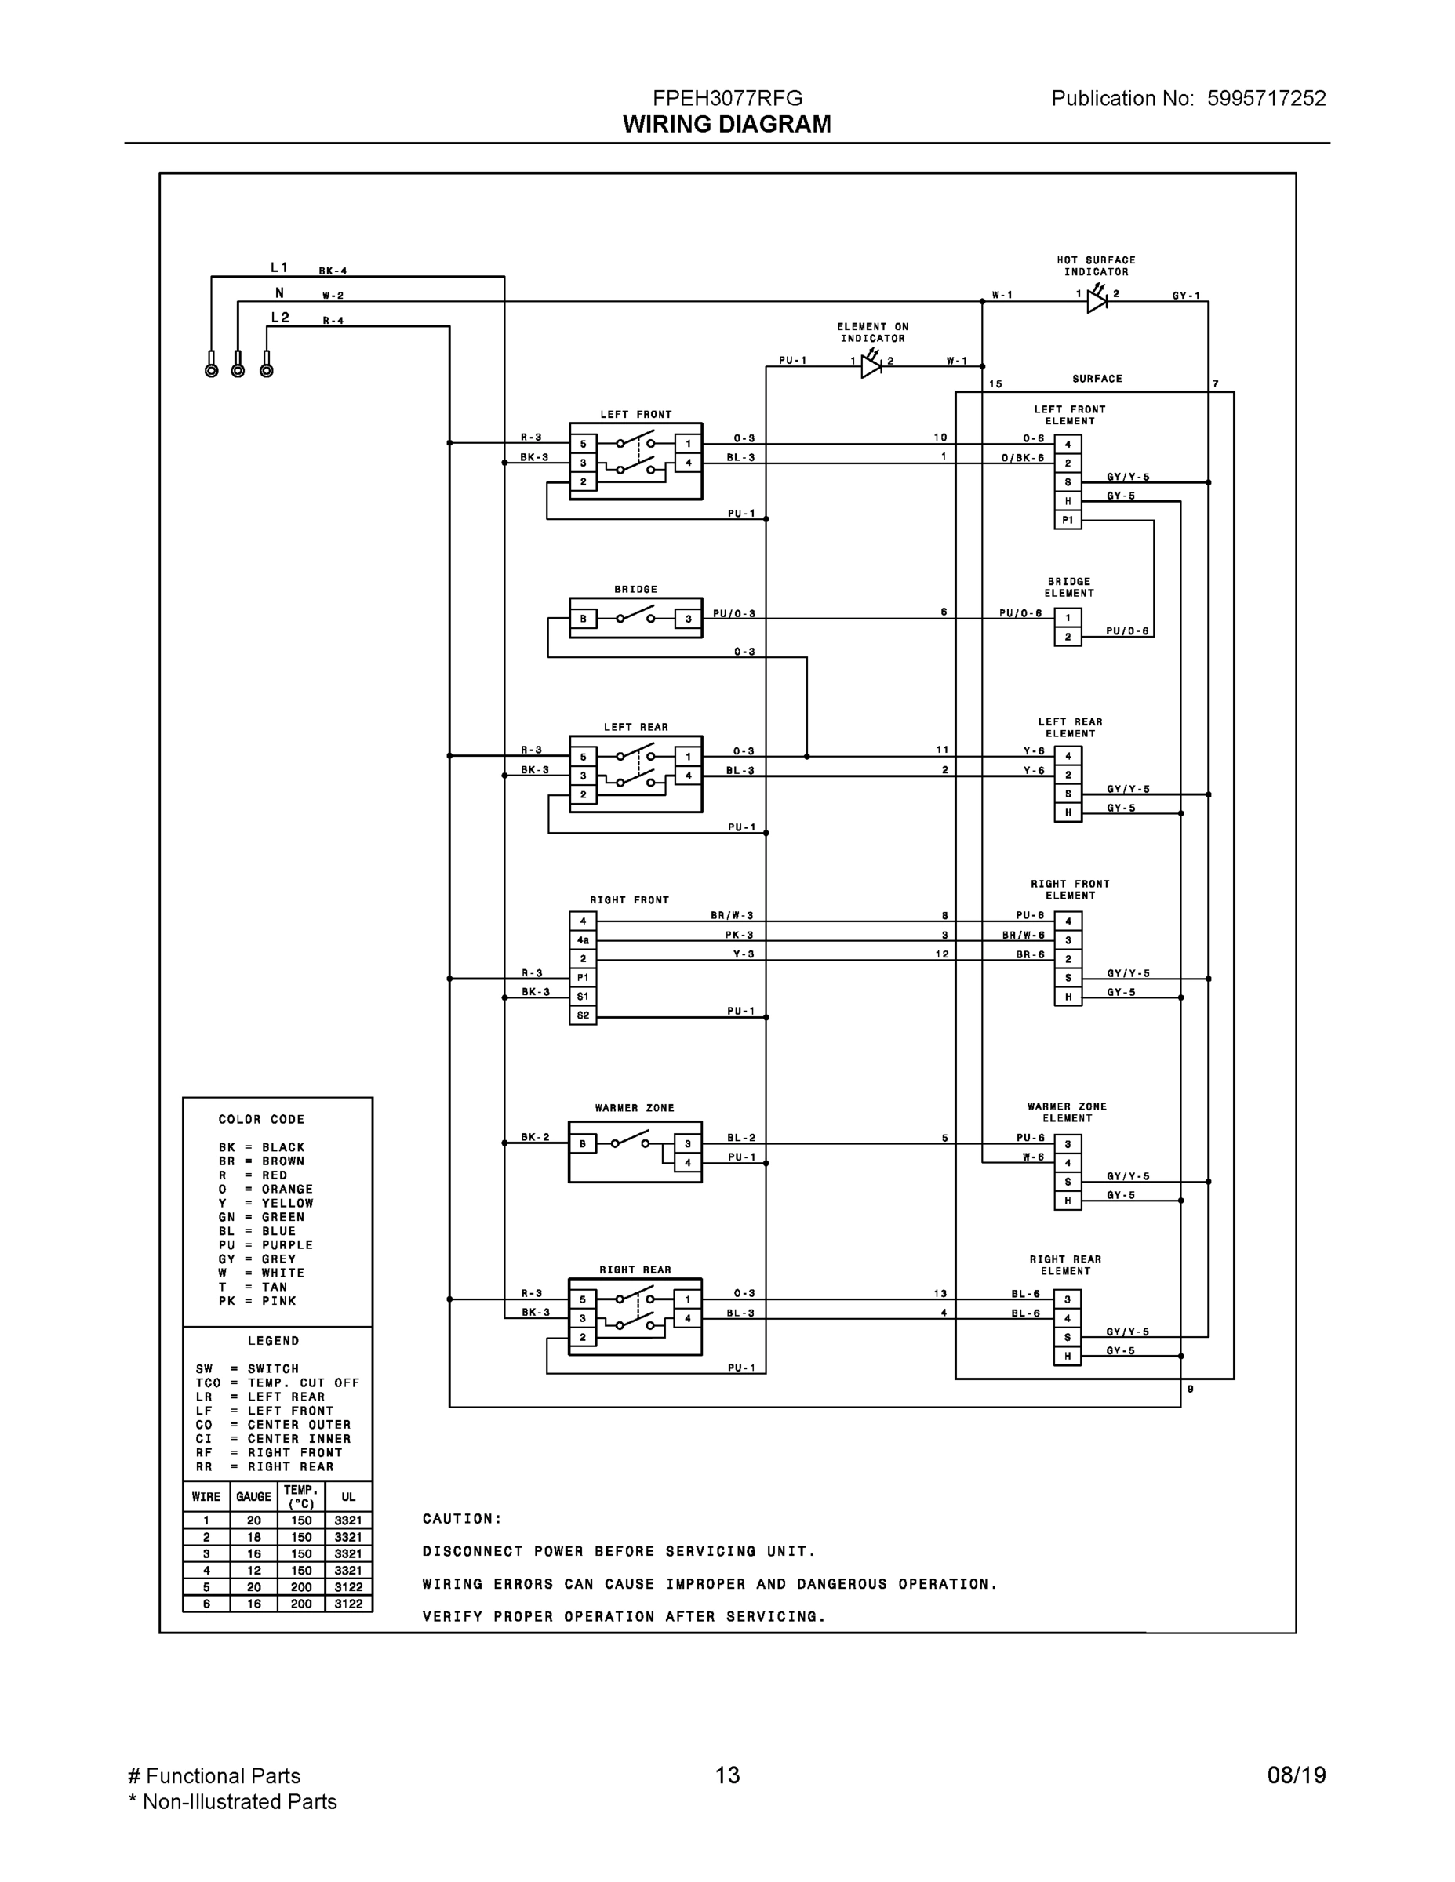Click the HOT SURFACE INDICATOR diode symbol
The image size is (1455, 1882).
click(1097, 301)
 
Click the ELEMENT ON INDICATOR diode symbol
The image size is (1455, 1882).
click(871, 366)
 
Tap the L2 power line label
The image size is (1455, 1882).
click(280, 318)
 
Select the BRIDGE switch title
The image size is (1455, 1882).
click(635, 590)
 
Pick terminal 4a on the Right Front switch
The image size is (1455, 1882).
click(583, 940)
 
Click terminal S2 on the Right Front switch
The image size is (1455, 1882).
click(583, 1016)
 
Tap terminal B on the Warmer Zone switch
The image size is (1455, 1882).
click(583, 1144)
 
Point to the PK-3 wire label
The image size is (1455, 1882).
click(739, 935)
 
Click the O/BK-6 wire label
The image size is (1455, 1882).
click(1022, 459)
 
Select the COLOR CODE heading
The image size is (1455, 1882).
click(261, 1119)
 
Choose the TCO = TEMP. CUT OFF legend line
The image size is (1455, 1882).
click(277, 1383)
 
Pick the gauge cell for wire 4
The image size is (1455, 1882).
click(253, 1571)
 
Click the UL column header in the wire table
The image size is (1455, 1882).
click(348, 1497)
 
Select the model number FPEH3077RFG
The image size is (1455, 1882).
click(726, 98)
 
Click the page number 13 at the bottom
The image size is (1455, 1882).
click(726, 1775)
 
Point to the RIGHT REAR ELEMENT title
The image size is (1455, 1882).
click(1065, 1265)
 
